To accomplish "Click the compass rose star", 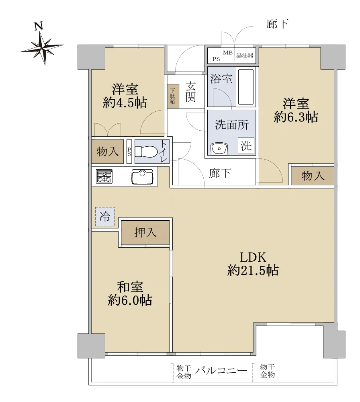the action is pyautogui.click(x=43, y=48).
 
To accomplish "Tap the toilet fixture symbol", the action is pyautogui.click(x=146, y=152).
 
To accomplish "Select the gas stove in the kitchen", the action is pyautogui.click(x=104, y=176).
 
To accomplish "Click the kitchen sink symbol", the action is pyautogui.click(x=142, y=176).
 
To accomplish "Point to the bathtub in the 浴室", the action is pyautogui.click(x=246, y=87).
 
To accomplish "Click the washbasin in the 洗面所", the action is pyautogui.click(x=219, y=149).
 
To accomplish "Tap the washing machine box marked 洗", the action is pyautogui.click(x=246, y=146).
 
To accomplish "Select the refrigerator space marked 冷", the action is pyautogui.click(x=105, y=217).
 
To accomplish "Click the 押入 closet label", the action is pyautogui.click(x=145, y=232).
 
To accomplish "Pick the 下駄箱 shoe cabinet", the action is pyautogui.click(x=172, y=96).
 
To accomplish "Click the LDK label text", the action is pyautogui.click(x=253, y=257).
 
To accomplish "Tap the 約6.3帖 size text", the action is pyautogui.click(x=296, y=117).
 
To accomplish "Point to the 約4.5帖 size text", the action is pyautogui.click(x=125, y=103).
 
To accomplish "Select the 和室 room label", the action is pyautogui.click(x=130, y=287).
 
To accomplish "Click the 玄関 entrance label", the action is pyautogui.click(x=191, y=92).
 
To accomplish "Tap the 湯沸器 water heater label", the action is pyautogui.click(x=245, y=55).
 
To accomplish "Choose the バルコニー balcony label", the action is pyautogui.click(x=221, y=370).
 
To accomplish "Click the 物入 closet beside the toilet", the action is pyautogui.click(x=108, y=152).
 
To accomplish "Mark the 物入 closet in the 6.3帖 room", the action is pyautogui.click(x=313, y=176).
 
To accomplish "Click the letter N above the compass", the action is pyautogui.click(x=39, y=26).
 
